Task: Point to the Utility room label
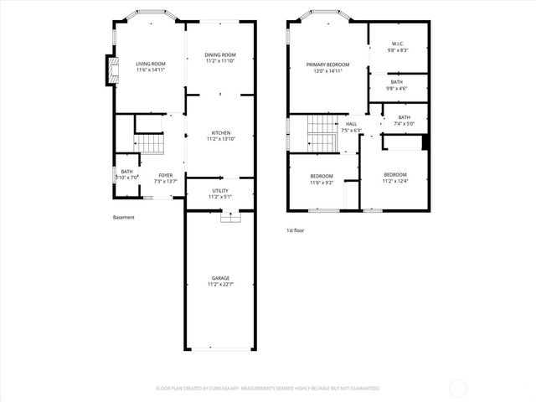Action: (221, 190)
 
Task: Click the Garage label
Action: (221, 278)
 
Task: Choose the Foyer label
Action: (166, 175)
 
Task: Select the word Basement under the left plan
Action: (124, 218)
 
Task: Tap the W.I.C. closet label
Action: (399, 44)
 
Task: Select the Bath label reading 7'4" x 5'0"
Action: (405, 117)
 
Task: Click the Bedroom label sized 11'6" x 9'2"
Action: (322, 176)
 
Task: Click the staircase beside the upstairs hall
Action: (320, 130)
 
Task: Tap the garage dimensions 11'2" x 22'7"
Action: (221, 285)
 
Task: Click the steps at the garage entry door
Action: (229, 217)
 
